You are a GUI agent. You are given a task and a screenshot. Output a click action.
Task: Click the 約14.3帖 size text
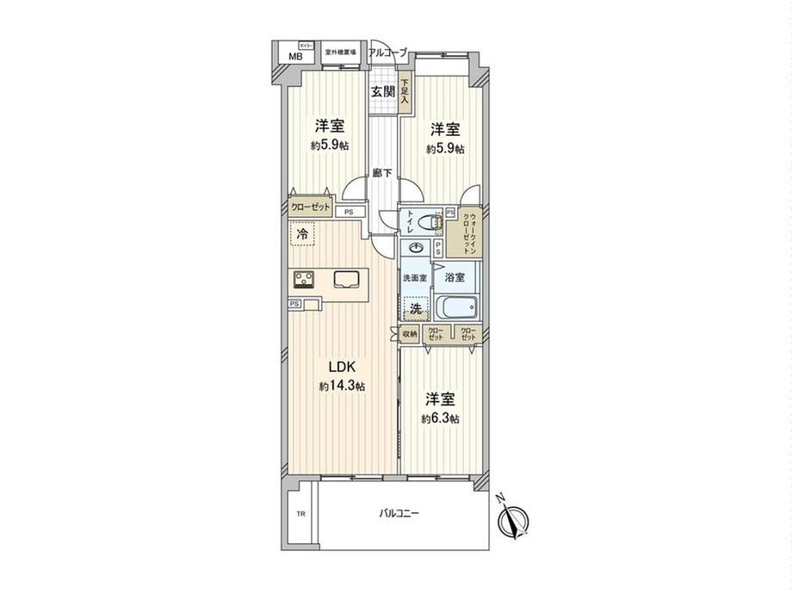pos(342,387)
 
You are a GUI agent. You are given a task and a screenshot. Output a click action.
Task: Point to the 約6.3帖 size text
pos(440,418)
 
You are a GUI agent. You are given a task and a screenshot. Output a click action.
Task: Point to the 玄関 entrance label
pos(383,92)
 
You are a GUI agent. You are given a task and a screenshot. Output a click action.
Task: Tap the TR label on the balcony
pos(300,515)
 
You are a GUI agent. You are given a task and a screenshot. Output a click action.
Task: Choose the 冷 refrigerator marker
pos(302,233)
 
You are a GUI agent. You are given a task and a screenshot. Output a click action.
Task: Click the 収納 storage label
pos(410,334)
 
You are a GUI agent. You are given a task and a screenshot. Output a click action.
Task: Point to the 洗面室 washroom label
pos(416,278)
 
